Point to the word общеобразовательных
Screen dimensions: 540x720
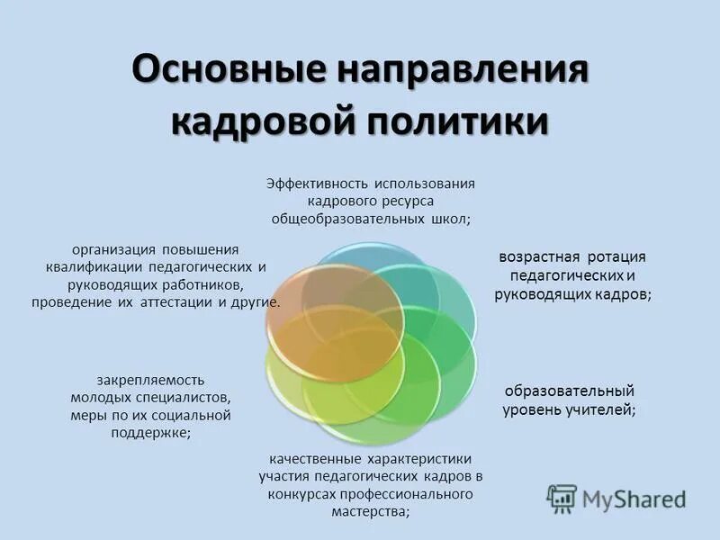tap(347, 219)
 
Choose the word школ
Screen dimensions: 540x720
tap(450, 219)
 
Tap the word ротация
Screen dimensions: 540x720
tap(616, 257)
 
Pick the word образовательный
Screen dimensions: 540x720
tap(569, 391)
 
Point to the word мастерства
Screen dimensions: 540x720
tap(369, 511)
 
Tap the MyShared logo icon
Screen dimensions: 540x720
tap(562, 498)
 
